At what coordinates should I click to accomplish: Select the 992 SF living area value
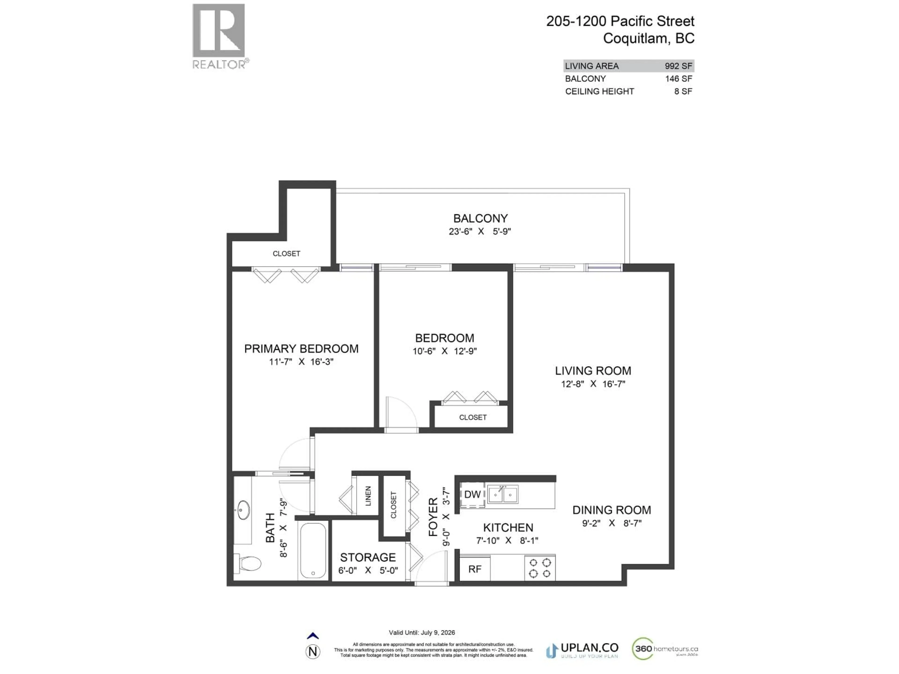click(x=678, y=66)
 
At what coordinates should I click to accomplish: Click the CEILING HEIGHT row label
click(x=599, y=92)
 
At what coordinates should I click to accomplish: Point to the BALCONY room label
click(x=480, y=219)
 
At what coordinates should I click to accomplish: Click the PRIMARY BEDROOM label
click(x=301, y=348)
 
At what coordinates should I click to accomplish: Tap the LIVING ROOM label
click(x=593, y=370)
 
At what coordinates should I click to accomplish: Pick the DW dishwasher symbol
click(x=472, y=495)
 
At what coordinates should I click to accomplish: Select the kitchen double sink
click(x=502, y=495)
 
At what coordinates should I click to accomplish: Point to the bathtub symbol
click(x=313, y=550)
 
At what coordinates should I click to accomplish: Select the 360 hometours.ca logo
click(x=665, y=649)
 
